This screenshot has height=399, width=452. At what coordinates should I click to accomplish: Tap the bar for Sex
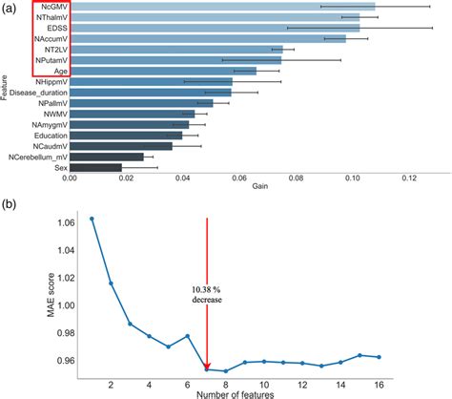pyautogui.click(x=95, y=168)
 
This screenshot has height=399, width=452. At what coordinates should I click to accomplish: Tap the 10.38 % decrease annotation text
pyautogui.click(x=207, y=293)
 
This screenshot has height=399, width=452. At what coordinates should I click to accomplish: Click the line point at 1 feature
pyautogui.click(x=92, y=219)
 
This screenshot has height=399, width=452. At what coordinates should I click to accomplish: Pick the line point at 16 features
pyautogui.click(x=380, y=357)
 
